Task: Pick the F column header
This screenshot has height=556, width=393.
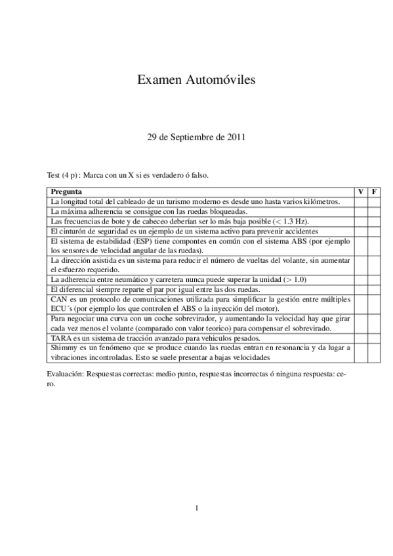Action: [374, 192]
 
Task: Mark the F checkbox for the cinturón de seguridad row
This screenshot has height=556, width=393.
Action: [374, 232]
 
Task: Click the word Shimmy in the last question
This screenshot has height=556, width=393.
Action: [64, 347]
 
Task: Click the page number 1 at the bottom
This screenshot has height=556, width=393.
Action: [196, 507]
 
